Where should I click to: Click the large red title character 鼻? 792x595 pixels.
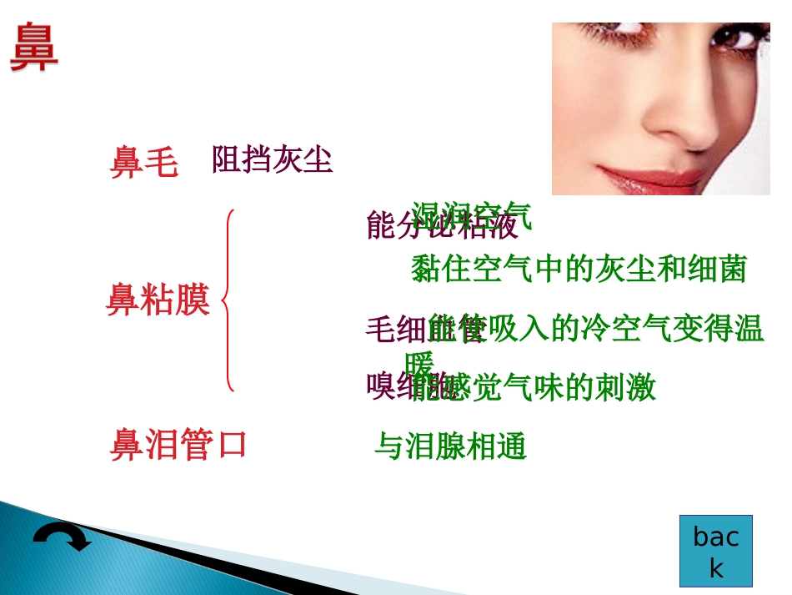coord(34,48)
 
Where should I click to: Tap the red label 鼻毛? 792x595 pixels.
coord(143,164)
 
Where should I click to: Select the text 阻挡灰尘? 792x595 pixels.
coord(272,159)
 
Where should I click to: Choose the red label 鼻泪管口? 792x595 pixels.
coord(178,445)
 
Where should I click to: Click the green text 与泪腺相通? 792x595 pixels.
coord(450,447)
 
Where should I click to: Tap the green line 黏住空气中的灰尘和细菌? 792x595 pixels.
coord(579,269)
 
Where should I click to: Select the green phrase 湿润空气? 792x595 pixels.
coord(472,214)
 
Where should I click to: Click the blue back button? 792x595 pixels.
coord(715,551)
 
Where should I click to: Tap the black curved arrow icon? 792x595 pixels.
coord(63,538)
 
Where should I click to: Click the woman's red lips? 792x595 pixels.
coord(667,177)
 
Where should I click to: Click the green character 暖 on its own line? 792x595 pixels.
coord(419,364)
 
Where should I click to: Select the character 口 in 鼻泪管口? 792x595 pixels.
coord(231,445)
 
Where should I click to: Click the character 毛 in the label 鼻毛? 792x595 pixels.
coord(161,164)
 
